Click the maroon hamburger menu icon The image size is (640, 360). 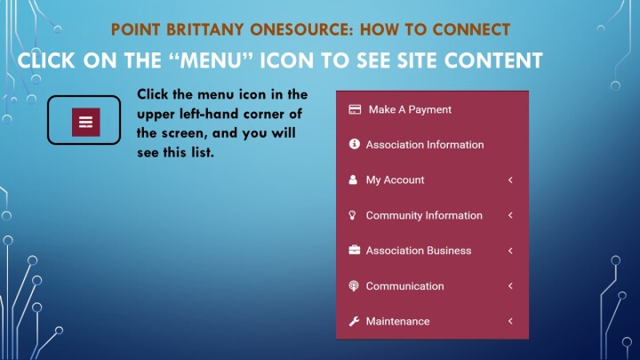(x=85, y=122)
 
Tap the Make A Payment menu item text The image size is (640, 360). (x=410, y=109)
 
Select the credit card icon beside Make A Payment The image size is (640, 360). (x=355, y=109)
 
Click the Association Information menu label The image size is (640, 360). (x=425, y=145)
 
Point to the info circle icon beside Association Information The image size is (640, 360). (x=355, y=144)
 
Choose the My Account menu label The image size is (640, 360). (x=395, y=180)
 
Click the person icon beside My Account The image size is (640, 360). (x=353, y=180)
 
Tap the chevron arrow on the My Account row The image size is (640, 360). (x=510, y=180)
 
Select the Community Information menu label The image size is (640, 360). (x=424, y=215)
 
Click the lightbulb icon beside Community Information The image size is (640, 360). (x=353, y=215)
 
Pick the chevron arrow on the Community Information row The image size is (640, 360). (x=510, y=215)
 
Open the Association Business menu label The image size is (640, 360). (x=419, y=250)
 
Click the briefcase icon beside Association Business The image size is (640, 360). (x=355, y=250)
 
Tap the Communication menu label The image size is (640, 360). (x=404, y=285)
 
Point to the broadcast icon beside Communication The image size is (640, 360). (x=354, y=285)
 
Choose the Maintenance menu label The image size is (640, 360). (x=397, y=321)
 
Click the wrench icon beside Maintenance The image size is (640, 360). (x=354, y=321)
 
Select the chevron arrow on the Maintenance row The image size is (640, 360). (x=510, y=321)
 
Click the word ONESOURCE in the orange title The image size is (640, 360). (x=301, y=30)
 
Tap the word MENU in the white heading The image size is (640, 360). (x=210, y=60)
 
